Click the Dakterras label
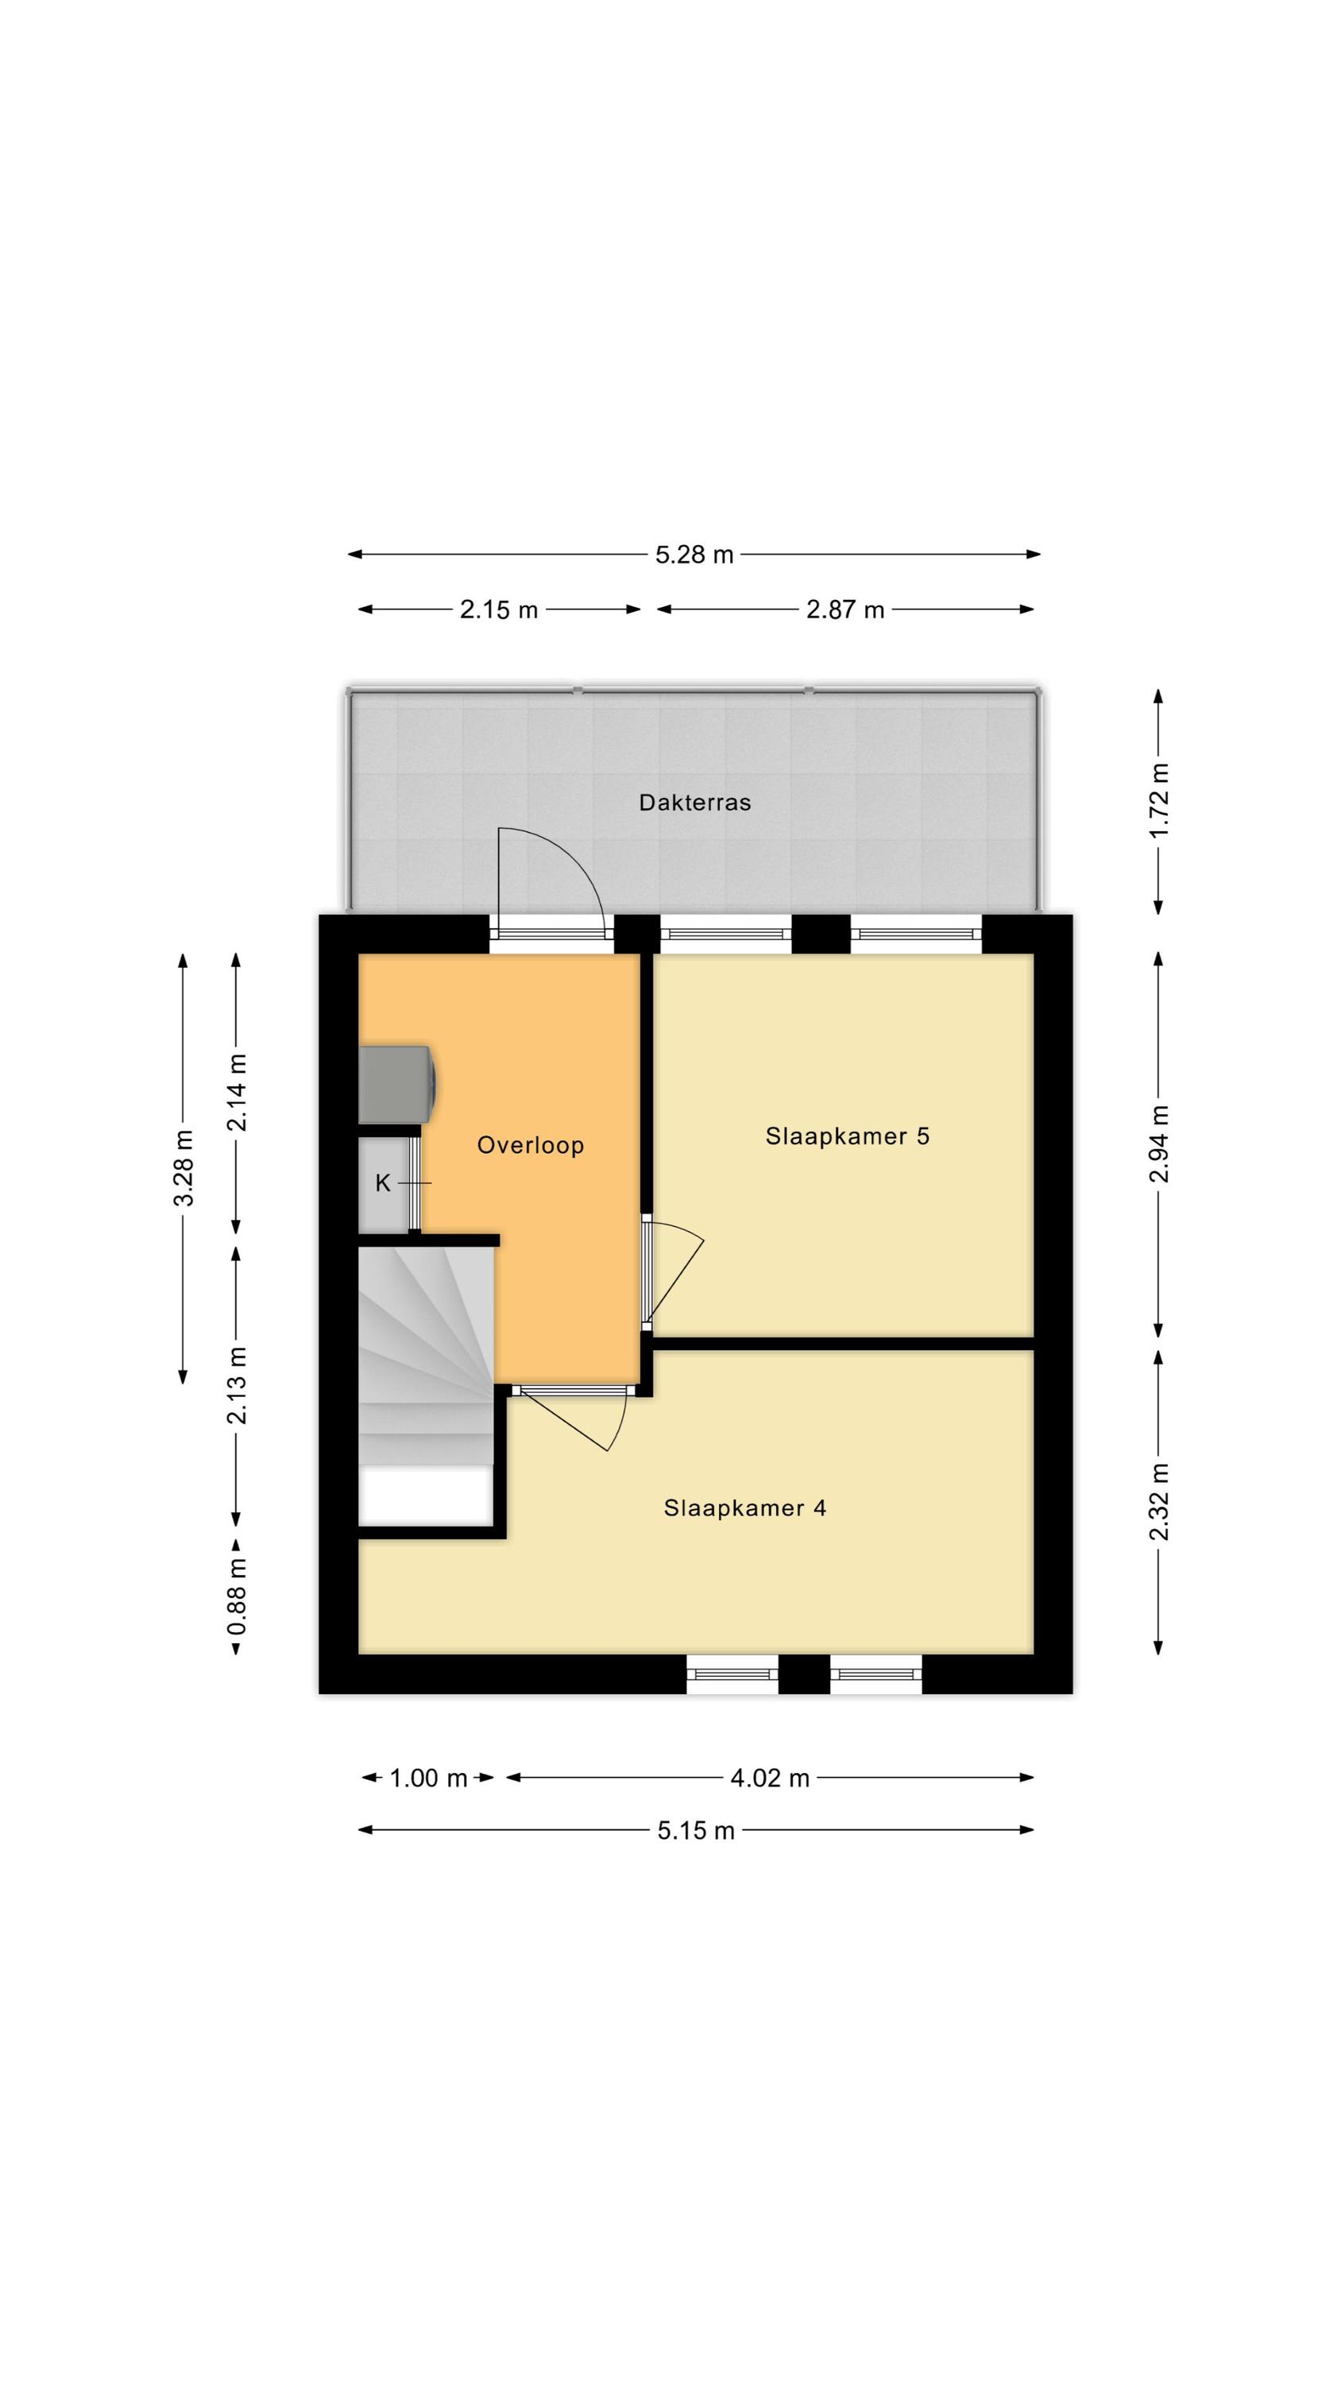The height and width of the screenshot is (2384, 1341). pyautogui.click(x=694, y=803)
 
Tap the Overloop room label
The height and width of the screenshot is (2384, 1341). pyautogui.click(x=531, y=1146)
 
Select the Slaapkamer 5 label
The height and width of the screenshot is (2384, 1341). pyautogui.click(x=847, y=1136)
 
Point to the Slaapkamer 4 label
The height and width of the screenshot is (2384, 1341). pyautogui.click(x=745, y=1508)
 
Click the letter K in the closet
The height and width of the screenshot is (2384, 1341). pyautogui.click(x=382, y=1182)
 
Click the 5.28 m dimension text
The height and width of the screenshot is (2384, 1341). pyautogui.click(x=694, y=555)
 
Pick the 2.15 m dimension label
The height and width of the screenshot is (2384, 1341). pyautogui.click(x=499, y=610)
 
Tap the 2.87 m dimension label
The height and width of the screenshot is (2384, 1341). pyautogui.click(x=845, y=610)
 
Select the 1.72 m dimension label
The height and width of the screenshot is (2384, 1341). pyautogui.click(x=1159, y=799)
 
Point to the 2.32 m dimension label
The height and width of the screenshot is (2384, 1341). pyautogui.click(x=1159, y=1502)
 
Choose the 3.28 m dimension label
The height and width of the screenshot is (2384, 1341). pyautogui.click(x=184, y=1168)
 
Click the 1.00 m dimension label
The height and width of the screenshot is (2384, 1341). pyautogui.click(x=428, y=1778)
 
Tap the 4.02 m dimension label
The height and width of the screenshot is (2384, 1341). pyautogui.click(x=770, y=1778)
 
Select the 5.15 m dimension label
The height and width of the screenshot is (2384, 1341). pyautogui.click(x=696, y=1829)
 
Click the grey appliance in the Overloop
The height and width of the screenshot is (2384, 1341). pyautogui.click(x=398, y=1084)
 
